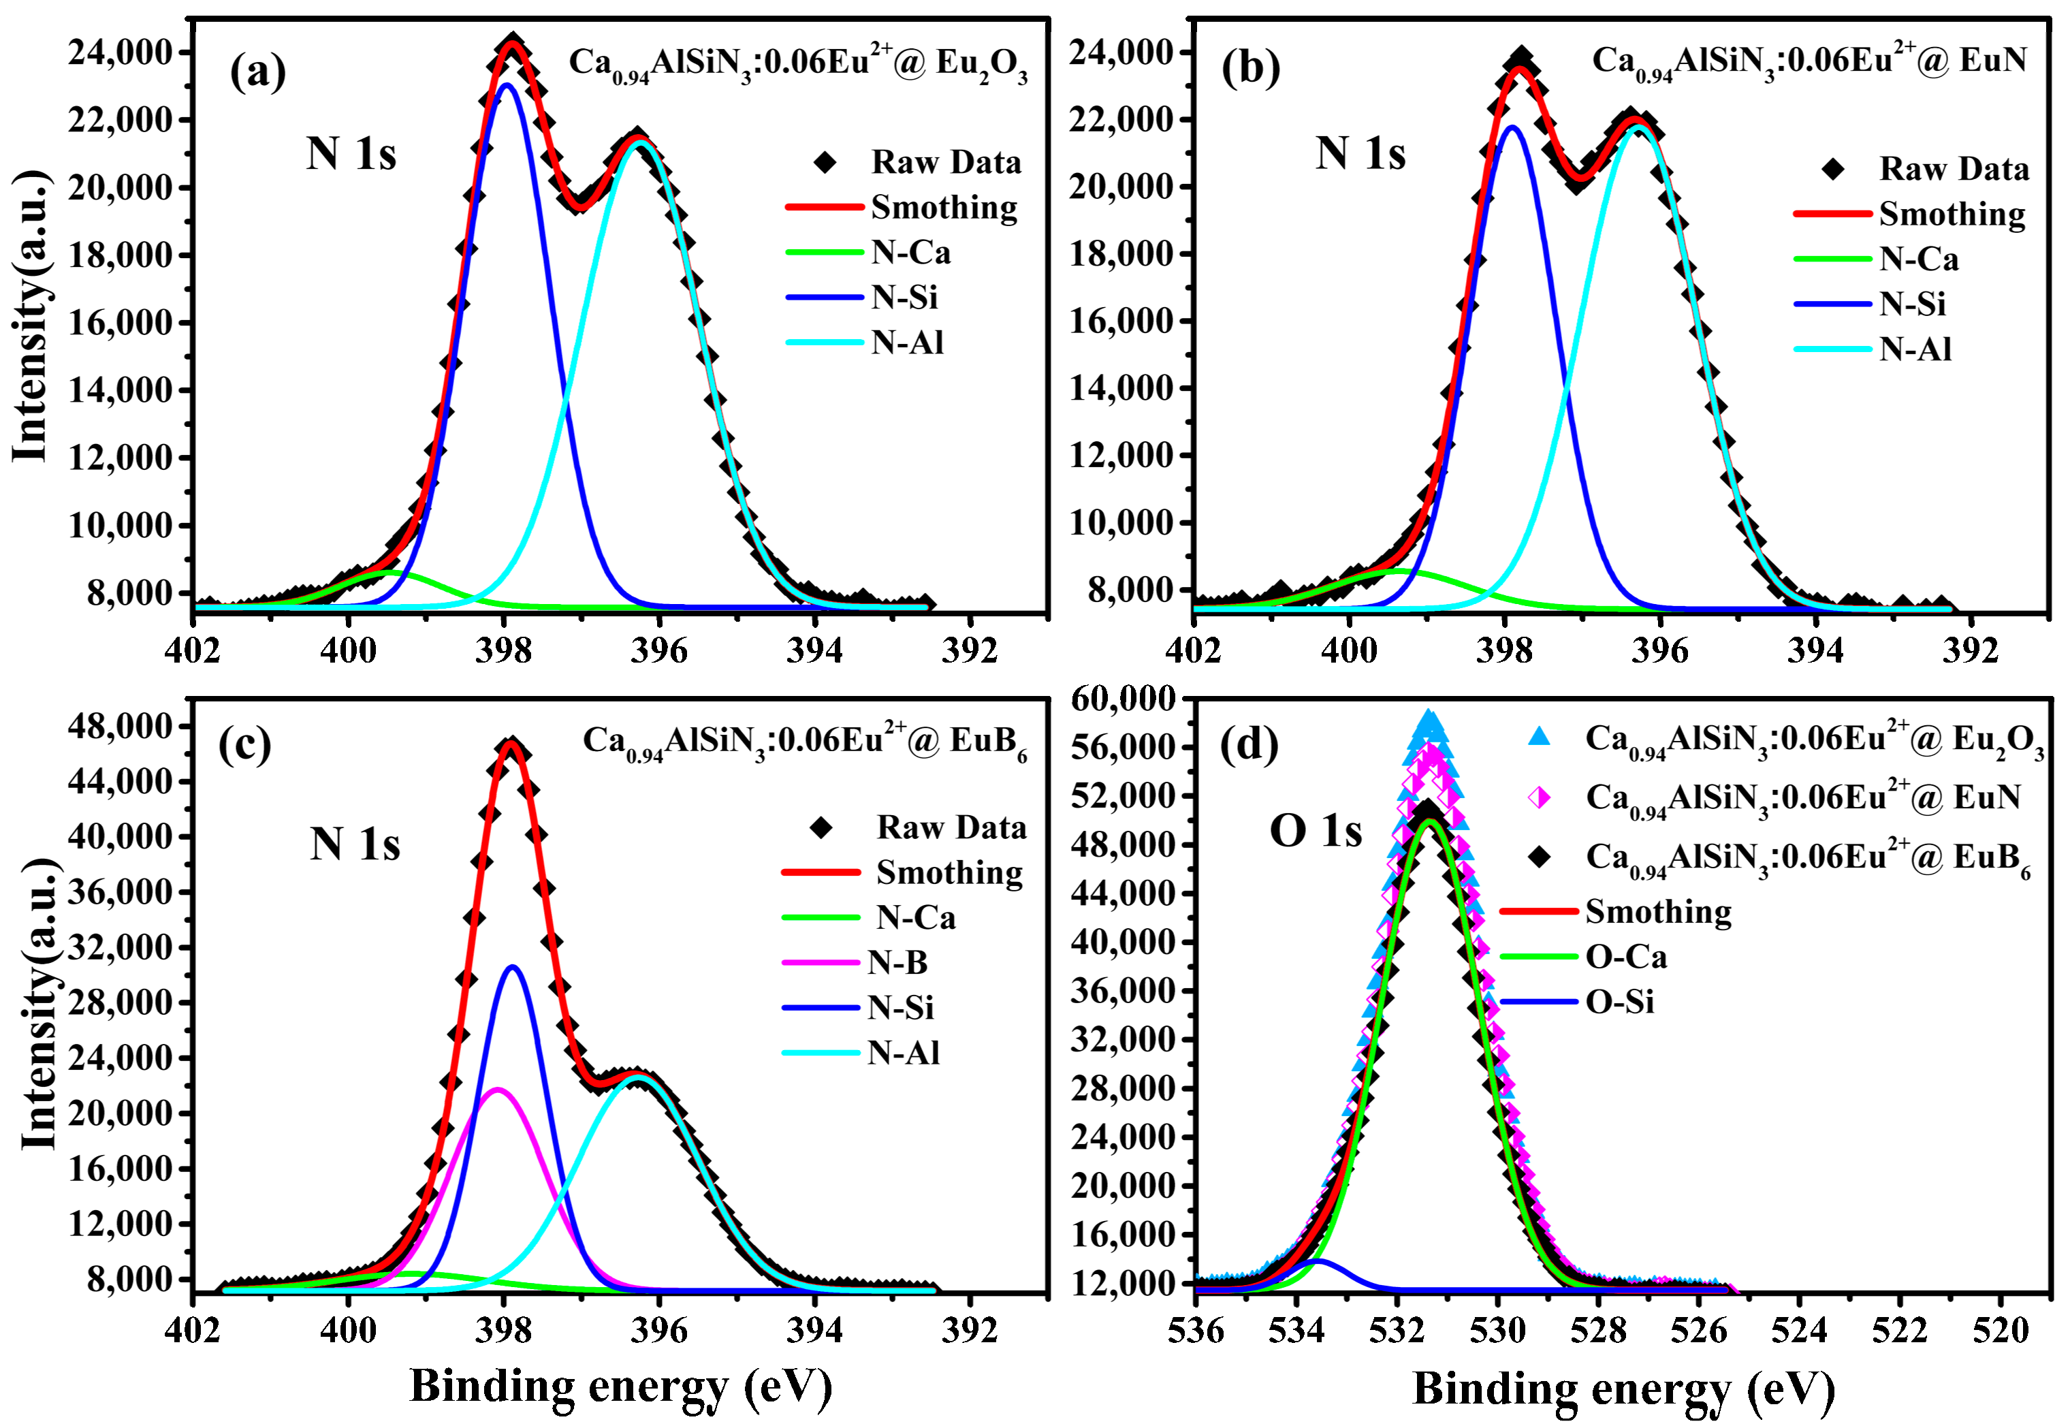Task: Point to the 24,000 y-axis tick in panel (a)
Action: (123, 52)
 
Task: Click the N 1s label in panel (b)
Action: (1360, 154)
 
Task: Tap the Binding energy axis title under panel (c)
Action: (620, 1387)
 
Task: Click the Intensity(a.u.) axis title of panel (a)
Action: (31, 317)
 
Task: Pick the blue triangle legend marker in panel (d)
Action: (1538, 737)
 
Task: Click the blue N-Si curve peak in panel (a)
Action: (507, 86)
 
